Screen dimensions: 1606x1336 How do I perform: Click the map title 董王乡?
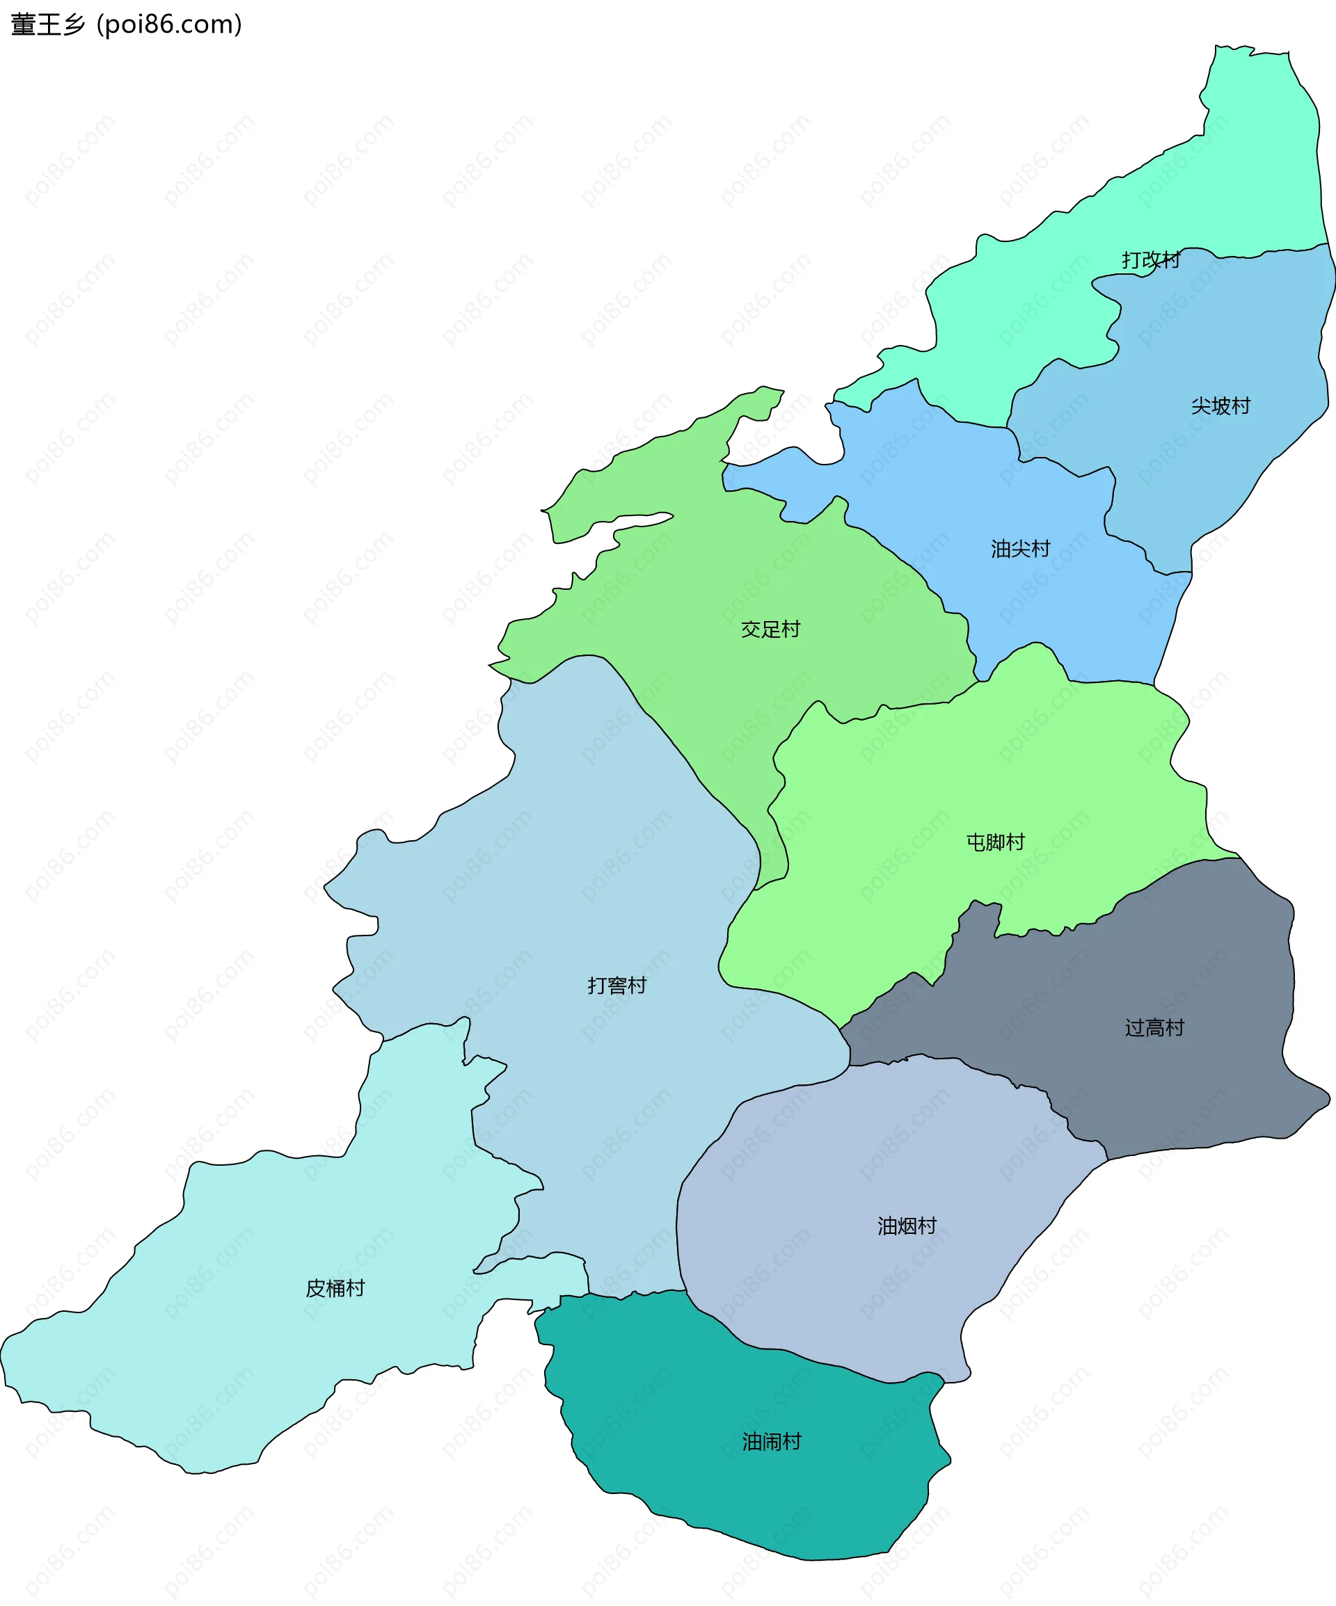pos(47,24)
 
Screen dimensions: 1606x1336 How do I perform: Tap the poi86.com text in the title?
pos(169,24)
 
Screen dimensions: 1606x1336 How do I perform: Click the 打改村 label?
pos(1151,260)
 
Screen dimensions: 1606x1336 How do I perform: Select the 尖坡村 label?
pos(1220,406)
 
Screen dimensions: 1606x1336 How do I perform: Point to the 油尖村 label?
pos(1020,549)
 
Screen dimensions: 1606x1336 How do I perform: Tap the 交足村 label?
pos(770,629)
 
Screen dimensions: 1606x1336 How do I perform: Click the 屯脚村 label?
pos(996,842)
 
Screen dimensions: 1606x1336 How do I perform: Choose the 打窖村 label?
pos(617,985)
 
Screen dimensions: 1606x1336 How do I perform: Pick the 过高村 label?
pos(1154,1028)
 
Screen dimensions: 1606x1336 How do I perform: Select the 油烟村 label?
pos(907,1226)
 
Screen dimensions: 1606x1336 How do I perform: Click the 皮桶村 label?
pos(335,1289)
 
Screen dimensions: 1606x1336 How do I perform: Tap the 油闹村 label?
pos(771,1442)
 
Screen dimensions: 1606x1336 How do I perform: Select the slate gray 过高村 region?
pos(1193,1086)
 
